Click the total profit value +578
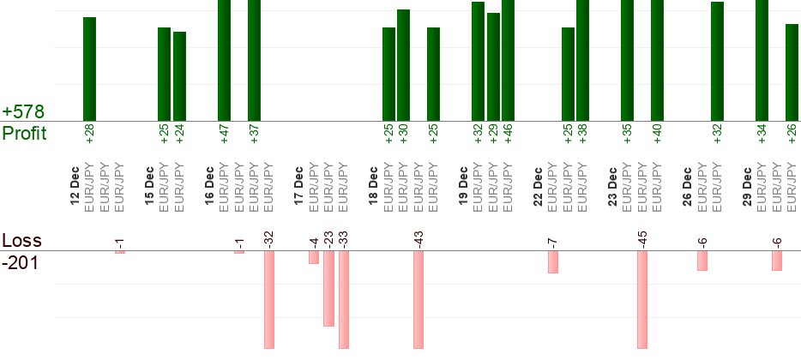23,112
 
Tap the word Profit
25,134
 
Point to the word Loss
22,241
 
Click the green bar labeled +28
89,69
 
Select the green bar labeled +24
179,76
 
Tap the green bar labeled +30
403,65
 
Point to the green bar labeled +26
792,72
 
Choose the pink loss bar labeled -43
419,299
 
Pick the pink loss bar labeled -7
553,261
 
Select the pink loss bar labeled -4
314,257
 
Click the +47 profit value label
224,134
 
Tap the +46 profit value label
508,134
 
